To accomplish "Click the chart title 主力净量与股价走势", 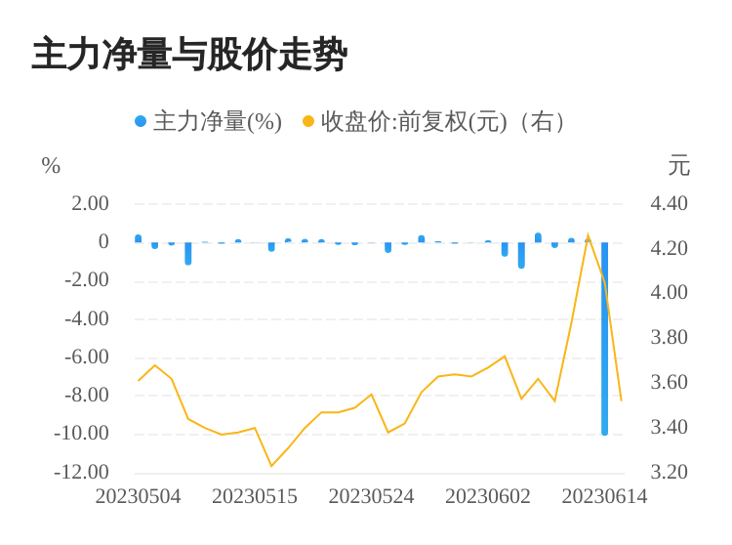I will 189,55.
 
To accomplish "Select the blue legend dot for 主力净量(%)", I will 141,122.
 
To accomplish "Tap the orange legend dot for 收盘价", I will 308,122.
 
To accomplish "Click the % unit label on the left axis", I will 51,166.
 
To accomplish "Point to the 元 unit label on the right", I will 679,166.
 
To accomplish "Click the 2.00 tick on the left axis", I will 90,203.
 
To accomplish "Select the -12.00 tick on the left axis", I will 82,472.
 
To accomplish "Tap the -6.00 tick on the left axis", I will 86,356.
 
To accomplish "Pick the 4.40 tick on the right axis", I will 670,203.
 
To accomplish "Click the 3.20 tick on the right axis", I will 670,472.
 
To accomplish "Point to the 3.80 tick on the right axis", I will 670,337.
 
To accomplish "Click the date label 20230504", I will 138,496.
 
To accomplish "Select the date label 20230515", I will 255,496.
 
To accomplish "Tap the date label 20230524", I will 371,496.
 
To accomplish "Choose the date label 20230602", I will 488,496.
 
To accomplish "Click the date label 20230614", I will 604,496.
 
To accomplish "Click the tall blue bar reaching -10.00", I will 605,342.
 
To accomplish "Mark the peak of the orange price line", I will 588,235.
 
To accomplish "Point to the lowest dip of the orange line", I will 271,466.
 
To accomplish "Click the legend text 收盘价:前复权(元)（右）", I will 444,122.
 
